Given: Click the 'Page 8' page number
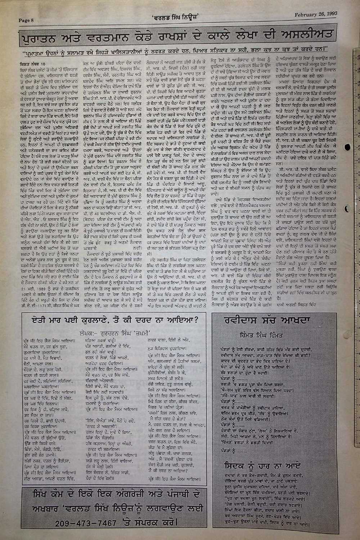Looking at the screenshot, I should point(26,20).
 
